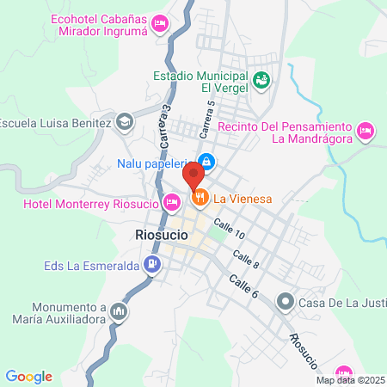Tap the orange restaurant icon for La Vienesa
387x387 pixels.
pyautogui.click(x=200, y=199)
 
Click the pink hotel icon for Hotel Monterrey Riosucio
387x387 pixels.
pyautogui.click(x=171, y=203)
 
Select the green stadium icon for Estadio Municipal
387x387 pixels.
pyautogui.click(x=262, y=81)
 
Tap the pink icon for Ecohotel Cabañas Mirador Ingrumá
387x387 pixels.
pyautogui.click(x=159, y=23)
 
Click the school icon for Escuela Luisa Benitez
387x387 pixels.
pyautogui.click(x=125, y=122)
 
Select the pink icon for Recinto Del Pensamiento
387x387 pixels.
pyautogui.click(x=366, y=132)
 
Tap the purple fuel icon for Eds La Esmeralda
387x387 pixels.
pyautogui.click(x=151, y=264)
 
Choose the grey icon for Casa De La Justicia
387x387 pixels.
pyautogui.click(x=285, y=302)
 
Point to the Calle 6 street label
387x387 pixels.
pyautogui.click(x=243, y=286)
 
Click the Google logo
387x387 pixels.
pyautogui.click(x=29, y=376)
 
